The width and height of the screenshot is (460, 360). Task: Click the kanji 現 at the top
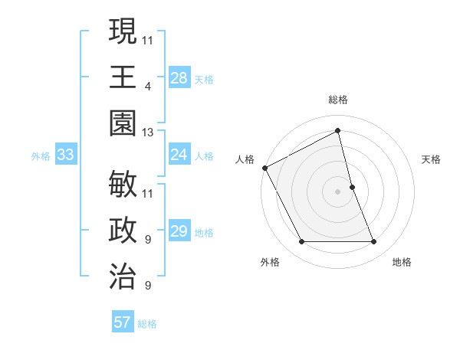[x=122, y=32]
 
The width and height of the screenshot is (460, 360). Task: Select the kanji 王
[x=122, y=77]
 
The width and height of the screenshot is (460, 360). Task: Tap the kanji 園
[x=122, y=123]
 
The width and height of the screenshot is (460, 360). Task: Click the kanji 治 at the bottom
[x=122, y=276]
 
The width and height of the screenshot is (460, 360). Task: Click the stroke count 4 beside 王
[x=148, y=87]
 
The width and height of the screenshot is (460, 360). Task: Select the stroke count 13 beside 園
[x=148, y=133]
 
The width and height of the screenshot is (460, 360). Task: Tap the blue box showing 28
[x=179, y=77]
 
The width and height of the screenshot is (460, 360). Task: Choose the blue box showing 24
[x=179, y=155]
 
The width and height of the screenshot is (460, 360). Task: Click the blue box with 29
[x=179, y=231]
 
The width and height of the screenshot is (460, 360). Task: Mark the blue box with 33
[x=65, y=155]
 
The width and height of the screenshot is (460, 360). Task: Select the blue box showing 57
[x=123, y=322]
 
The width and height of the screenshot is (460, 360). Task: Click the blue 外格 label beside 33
[x=41, y=156]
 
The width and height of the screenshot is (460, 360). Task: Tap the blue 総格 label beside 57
[x=147, y=324]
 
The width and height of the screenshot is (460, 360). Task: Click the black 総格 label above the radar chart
[x=338, y=100]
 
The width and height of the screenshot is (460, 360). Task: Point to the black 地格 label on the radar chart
[x=402, y=262]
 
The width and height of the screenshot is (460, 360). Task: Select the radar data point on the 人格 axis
[x=264, y=167]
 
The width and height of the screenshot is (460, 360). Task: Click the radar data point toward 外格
[x=301, y=242]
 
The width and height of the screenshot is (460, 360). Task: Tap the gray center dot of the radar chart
[x=338, y=191]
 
